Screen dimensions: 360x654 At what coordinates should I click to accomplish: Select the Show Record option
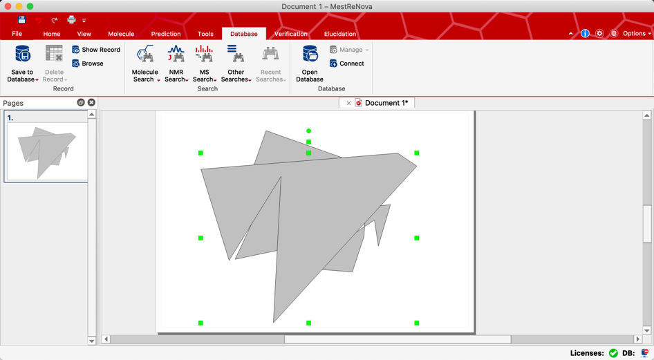pos(95,50)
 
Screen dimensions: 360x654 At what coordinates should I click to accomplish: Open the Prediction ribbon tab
pos(166,34)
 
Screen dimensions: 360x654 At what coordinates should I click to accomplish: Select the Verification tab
pos(290,34)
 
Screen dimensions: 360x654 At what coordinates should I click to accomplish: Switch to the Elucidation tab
pos(340,34)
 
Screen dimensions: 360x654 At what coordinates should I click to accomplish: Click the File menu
pos(17,34)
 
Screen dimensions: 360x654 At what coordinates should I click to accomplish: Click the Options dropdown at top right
pos(636,33)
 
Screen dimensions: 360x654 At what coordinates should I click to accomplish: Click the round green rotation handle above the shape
pos(309,131)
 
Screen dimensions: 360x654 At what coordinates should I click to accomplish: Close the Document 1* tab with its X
pos(348,103)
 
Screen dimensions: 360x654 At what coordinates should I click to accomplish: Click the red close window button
pos(8,6)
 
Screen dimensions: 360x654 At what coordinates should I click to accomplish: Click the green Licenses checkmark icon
pos(613,353)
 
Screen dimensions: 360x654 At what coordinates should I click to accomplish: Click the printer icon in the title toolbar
pos(71,20)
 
